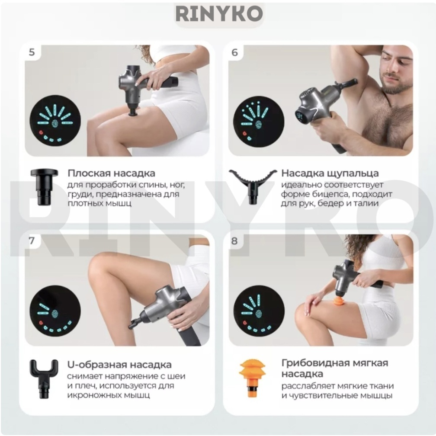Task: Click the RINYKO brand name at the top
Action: pos(219,14)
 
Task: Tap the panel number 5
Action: pos(32,52)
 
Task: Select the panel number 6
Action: pos(235,52)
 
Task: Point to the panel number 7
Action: pos(32,240)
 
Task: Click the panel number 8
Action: pos(235,241)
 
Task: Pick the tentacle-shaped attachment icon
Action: pos(253,186)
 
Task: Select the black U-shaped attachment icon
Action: pos(44,379)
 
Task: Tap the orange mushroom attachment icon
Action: pos(253,379)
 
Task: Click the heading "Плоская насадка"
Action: pos(111,173)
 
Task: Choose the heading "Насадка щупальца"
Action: pos(330,173)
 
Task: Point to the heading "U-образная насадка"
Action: pos(119,365)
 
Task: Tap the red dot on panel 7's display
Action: pos(41,323)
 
